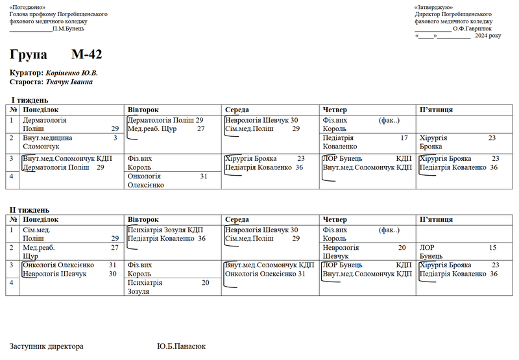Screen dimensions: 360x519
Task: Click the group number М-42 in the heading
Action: click(x=86, y=54)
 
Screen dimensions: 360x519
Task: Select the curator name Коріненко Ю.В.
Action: click(x=71, y=73)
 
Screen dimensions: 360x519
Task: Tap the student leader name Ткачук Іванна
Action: click(x=69, y=82)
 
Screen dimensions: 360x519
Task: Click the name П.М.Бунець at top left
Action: click(x=68, y=28)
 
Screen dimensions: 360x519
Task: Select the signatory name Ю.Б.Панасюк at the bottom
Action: click(x=181, y=346)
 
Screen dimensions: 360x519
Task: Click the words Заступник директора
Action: click(x=46, y=346)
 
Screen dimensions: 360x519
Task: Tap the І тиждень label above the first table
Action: click(x=30, y=101)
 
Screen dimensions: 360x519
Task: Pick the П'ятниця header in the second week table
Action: click(x=436, y=220)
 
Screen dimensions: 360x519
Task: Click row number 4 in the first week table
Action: click(x=13, y=176)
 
